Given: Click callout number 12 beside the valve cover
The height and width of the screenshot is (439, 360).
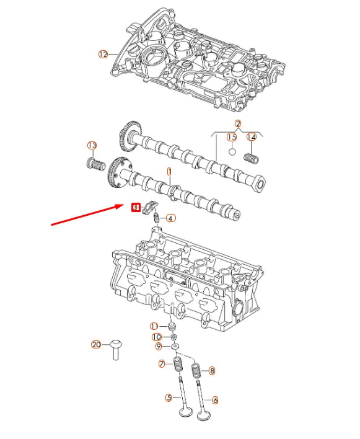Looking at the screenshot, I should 103,55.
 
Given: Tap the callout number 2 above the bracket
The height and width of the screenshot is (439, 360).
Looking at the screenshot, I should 237,124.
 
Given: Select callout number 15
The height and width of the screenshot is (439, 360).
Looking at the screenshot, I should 232,137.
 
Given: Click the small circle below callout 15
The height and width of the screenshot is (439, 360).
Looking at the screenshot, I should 232,151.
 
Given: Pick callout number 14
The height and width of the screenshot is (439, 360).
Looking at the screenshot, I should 252,137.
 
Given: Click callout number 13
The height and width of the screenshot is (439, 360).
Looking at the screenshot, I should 92,146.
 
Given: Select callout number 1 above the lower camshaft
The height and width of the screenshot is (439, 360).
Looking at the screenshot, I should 168,171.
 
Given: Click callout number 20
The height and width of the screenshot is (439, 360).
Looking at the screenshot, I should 95,345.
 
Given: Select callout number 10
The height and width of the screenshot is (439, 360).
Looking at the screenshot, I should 157,337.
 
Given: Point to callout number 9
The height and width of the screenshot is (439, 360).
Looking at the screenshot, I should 158,346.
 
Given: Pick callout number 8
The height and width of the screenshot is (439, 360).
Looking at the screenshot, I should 212,371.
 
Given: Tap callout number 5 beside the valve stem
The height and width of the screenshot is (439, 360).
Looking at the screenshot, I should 168,397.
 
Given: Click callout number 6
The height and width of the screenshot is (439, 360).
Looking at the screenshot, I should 215,400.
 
